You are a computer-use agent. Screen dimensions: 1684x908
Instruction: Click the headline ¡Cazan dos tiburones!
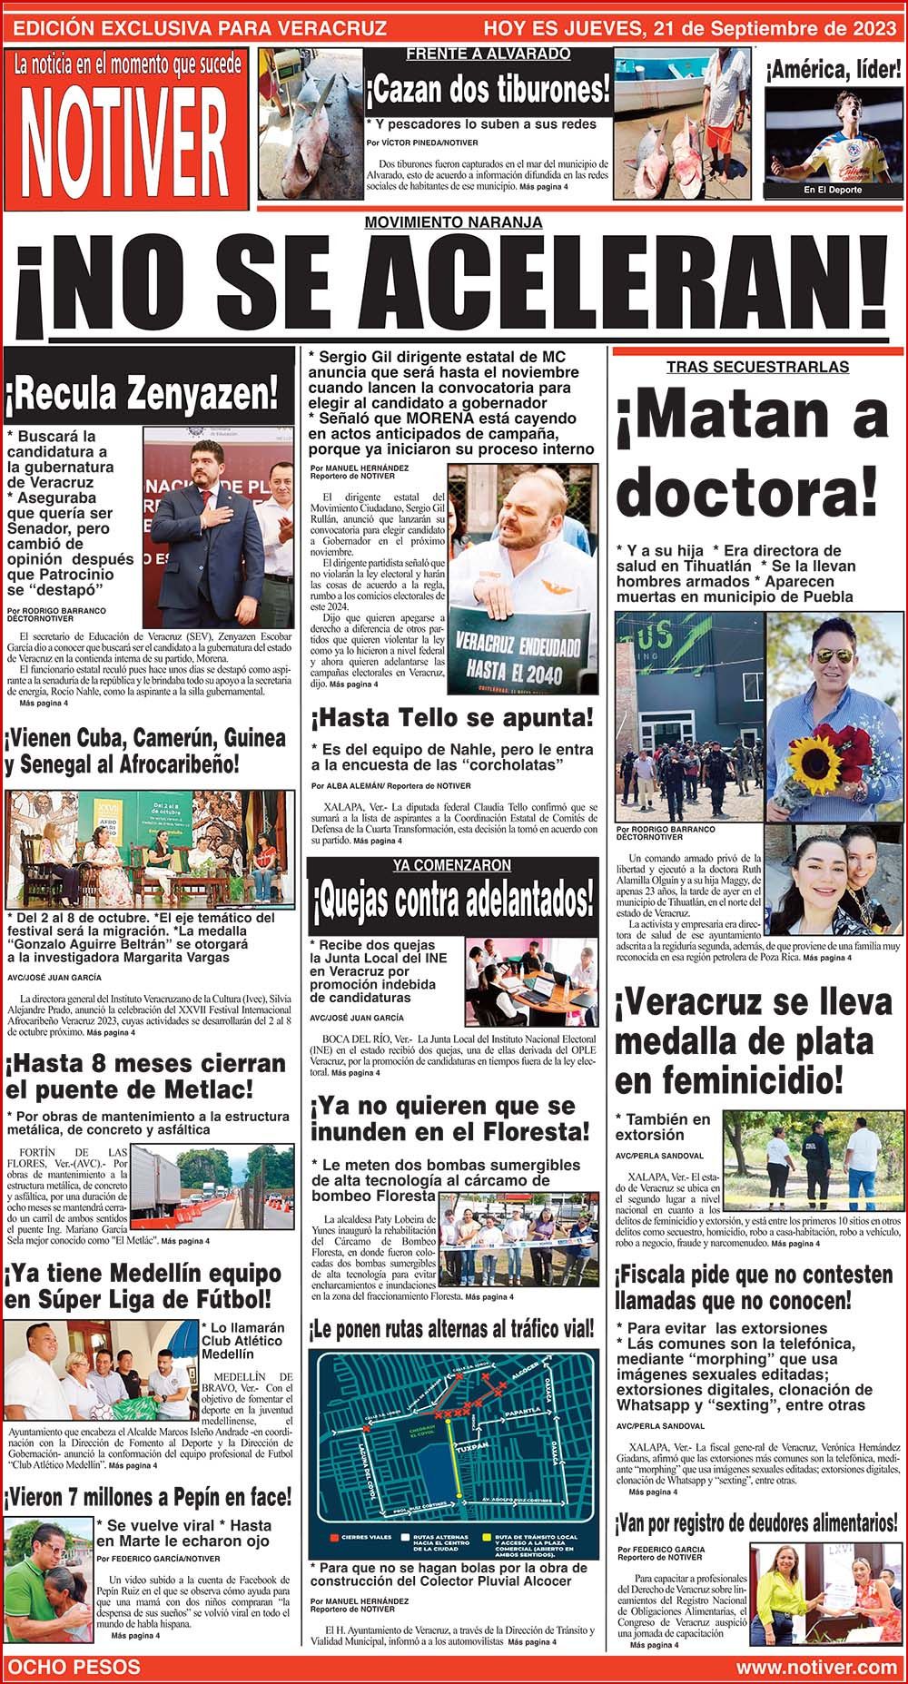(488, 91)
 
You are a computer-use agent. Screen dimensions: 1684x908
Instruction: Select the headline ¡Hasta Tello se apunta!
(452, 718)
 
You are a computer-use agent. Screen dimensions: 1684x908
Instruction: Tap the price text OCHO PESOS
(74, 1667)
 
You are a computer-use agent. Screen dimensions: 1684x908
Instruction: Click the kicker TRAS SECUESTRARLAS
(756, 367)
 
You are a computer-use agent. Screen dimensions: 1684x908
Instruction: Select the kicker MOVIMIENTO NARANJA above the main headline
(453, 222)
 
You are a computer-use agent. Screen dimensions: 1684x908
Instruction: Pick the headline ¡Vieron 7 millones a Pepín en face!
(148, 1496)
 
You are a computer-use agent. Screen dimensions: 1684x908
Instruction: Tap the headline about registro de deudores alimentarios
(756, 1522)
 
